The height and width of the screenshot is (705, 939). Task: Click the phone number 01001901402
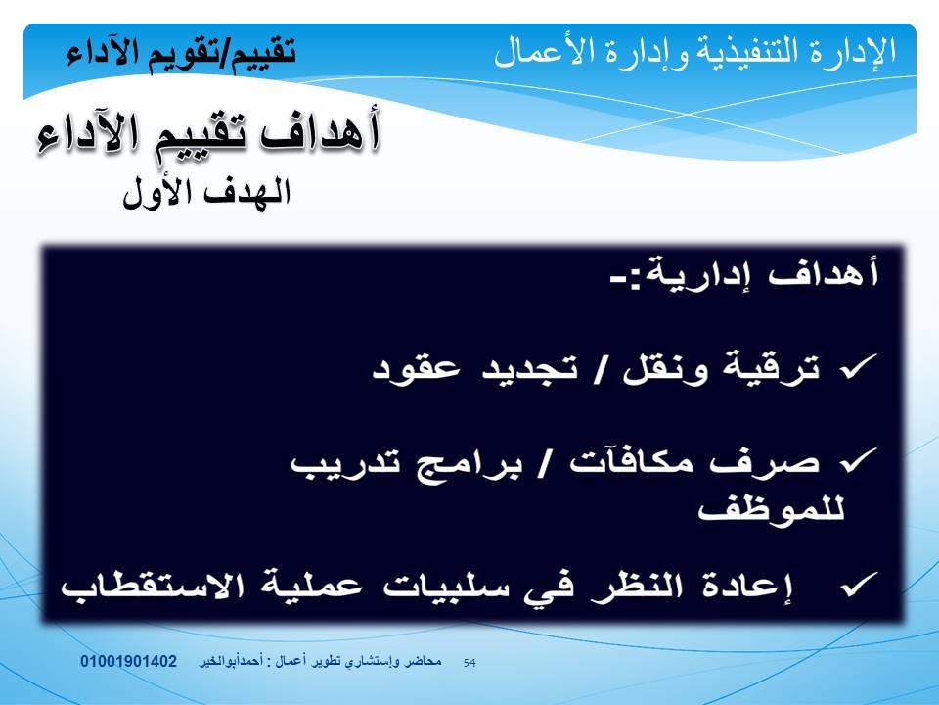pyautogui.click(x=129, y=661)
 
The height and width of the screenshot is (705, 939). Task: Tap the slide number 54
pyautogui.click(x=469, y=663)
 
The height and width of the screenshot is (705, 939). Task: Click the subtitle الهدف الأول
pyautogui.click(x=206, y=193)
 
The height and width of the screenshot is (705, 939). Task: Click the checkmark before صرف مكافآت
pyautogui.click(x=859, y=460)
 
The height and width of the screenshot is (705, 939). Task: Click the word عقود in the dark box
pyautogui.click(x=417, y=367)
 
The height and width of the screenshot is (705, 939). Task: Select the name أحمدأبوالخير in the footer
pyautogui.click(x=229, y=662)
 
